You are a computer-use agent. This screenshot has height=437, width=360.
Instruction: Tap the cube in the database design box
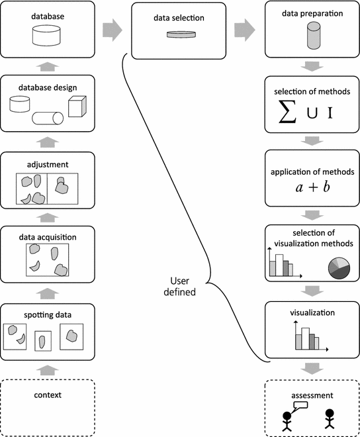pyautogui.click(x=76, y=107)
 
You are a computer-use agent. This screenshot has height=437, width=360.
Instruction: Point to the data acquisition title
pyautogui.click(x=46, y=236)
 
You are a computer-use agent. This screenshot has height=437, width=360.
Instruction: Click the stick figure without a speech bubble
pyautogui.click(x=329, y=422)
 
